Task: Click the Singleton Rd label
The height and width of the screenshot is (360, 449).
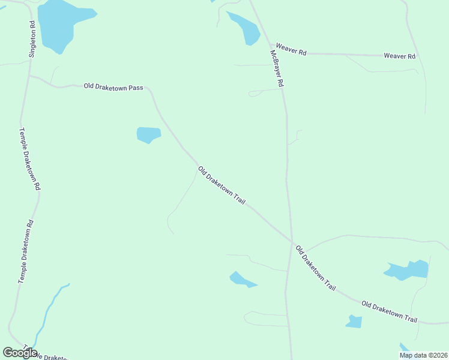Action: pyautogui.click(x=32, y=40)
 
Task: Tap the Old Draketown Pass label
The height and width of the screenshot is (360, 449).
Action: pyautogui.click(x=113, y=87)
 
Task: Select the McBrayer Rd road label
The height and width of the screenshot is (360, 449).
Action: pyautogui.click(x=276, y=68)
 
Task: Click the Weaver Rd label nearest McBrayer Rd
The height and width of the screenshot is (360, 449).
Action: pyautogui.click(x=291, y=50)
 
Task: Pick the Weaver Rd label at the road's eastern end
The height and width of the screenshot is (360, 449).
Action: pyautogui.click(x=399, y=56)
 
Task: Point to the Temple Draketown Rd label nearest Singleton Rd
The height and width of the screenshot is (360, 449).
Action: pyautogui.click(x=29, y=159)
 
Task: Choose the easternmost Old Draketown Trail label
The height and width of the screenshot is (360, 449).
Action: pyautogui.click(x=389, y=311)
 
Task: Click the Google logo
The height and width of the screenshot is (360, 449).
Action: pyautogui.click(x=20, y=353)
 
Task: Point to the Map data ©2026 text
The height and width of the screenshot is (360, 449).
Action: pyautogui.click(x=423, y=355)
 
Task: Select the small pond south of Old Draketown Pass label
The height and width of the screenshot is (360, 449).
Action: pyautogui.click(x=148, y=135)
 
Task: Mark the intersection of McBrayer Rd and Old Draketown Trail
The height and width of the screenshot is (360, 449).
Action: pyautogui.click(x=292, y=242)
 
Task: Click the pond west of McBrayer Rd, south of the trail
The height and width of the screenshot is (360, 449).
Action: pyautogui.click(x=241, y=280)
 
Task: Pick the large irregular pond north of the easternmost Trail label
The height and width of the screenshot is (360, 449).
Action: pyautogui.click(x=408, y=270)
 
